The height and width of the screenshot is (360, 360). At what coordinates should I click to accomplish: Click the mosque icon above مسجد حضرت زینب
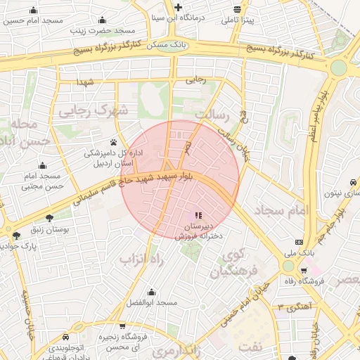pos(103,20)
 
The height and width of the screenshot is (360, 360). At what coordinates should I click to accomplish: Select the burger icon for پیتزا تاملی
pos(238,10)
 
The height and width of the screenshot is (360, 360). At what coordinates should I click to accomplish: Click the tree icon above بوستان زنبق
pos(49,218)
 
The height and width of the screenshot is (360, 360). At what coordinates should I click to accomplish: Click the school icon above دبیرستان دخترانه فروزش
pos(198,215)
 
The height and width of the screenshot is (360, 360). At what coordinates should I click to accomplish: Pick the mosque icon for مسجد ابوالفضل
pos(151,291)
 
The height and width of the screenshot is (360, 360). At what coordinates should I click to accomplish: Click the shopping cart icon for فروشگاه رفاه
pos(304,271)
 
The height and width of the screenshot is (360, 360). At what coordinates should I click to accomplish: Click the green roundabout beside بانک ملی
pos(288,266)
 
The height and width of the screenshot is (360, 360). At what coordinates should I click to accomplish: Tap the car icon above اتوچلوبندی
pos(65,337)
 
